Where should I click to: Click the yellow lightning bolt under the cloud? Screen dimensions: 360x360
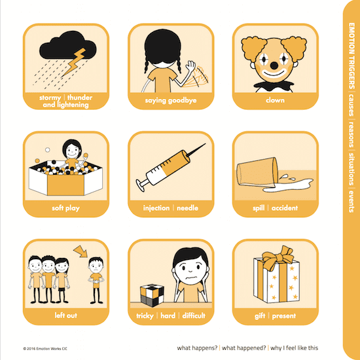[x=75, y=62]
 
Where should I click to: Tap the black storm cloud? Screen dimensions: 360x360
[x=67, y=45]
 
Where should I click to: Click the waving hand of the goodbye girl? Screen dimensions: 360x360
[x=190, y=67]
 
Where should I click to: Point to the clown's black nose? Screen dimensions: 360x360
[x=274, y=65]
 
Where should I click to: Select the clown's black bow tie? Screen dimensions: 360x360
[x=274, y=85]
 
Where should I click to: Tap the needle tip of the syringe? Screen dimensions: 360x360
[x=205, y=144]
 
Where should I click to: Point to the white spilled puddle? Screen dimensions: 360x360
[x=287, y=185]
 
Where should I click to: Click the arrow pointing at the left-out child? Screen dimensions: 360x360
[x=81, y=251]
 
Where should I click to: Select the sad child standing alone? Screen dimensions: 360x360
[x=96, y=280]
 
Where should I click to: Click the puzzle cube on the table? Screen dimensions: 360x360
[x=152, y=295]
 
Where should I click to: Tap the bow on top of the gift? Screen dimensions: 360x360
[x=278, y=257]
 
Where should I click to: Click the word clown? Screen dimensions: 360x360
[x=275, y=100]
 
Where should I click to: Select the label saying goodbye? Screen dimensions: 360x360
[x=171, y=101]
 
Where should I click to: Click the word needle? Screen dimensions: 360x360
[x=187, y=208]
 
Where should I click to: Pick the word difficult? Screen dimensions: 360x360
[x=194, y=315]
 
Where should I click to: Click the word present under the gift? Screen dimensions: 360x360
[x=284, y=316]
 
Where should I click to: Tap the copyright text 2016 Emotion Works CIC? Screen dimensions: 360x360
[x=45, y=349]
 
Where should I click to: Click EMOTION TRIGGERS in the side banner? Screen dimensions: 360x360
[x=351, y=56]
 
